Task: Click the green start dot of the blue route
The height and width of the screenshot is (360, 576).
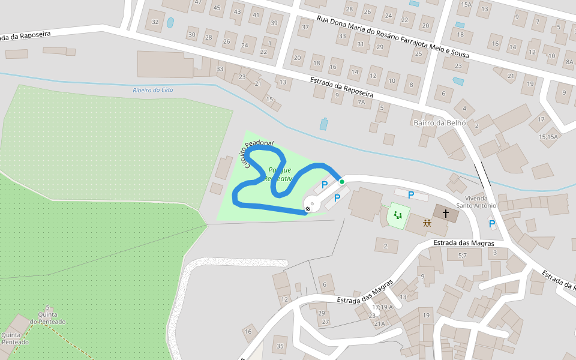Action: coord(342,181)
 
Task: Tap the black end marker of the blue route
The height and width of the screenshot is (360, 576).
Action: coord(308,209)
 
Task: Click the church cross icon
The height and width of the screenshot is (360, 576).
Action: coord(446,213)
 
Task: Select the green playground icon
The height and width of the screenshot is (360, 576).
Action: coord(397,214)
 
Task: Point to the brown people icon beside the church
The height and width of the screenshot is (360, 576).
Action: coord(427,223)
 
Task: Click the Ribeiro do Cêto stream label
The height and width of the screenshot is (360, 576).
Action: coord(153,90)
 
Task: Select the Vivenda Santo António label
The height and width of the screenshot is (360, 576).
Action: coord(476,202)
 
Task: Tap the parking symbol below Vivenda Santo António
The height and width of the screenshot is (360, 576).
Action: coord(492,224)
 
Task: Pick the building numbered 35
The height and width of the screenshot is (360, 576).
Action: coord(280,346)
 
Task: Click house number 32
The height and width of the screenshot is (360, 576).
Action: coord(155,22)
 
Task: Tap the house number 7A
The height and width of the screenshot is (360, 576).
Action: coord(361,103)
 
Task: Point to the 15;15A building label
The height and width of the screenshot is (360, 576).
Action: coord(548,137)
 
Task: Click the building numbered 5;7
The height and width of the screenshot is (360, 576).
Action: coord(462,256)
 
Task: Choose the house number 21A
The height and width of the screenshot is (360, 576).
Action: coord(380,324)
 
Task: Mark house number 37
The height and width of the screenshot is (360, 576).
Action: coord(305,27)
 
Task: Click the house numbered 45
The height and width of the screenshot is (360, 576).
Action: coord(217,8)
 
